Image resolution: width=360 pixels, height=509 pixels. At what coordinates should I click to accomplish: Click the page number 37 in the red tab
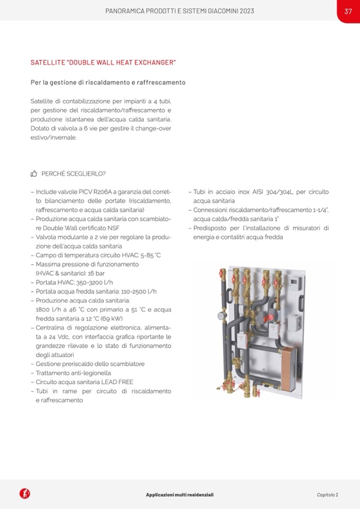[x=348, y=11]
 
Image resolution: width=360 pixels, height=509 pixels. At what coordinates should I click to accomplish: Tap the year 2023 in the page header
[x=246, y=11]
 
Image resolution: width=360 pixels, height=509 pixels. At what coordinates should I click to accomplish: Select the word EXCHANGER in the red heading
[x=154, y=63]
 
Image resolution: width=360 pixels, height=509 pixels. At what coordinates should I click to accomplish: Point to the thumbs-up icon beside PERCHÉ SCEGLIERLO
[x=34, y=174]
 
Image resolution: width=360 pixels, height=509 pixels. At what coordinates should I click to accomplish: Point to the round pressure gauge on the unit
[x=221, y=315]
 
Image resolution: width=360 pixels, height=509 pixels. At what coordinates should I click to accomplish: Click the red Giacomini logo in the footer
[x=25, y=494]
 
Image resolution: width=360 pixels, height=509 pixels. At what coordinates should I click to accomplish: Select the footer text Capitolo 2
[x=327, y=495]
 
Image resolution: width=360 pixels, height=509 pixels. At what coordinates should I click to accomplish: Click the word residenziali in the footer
[x=196, y=495]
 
